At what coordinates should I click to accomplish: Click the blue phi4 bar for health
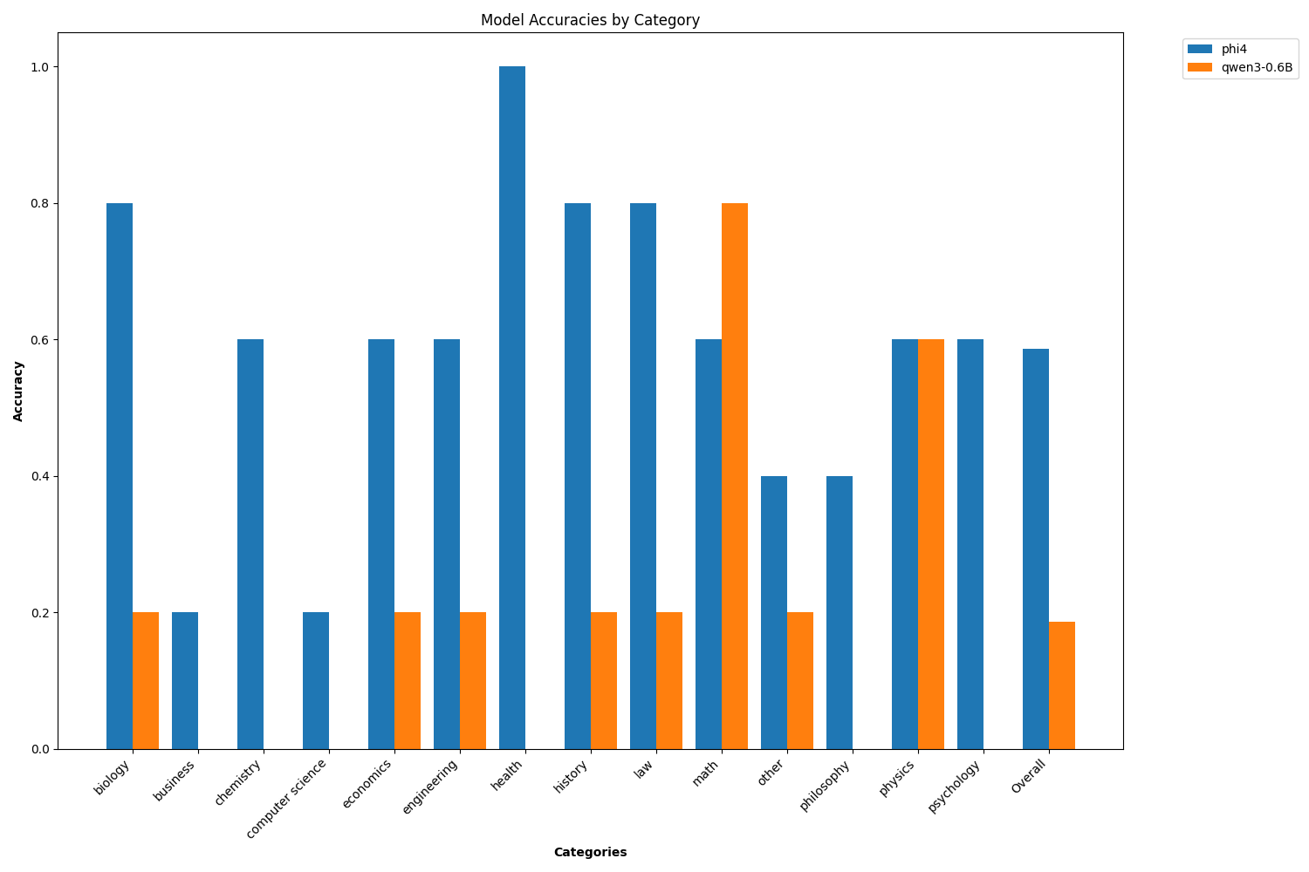pos(512,407)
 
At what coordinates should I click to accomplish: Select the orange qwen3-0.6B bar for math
pos(735,475)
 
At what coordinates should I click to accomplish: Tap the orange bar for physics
pos(931,543)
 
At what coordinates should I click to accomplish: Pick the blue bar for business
pos(185,680)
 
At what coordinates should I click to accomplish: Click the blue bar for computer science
pos(316,680)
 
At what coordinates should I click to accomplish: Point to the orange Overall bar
pos(1062,685)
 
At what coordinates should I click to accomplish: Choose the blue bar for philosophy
pos(840,612)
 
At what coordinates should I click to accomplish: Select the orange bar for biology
pos(146,680)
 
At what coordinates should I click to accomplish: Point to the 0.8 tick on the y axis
pos(42,203)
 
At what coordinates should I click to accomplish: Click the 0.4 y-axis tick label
pos(42,476)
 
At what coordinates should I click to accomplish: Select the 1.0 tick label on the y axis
pos(42,67)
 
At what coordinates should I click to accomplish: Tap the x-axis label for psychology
pos(956,786)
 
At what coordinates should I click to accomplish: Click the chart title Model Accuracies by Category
pos(590,20)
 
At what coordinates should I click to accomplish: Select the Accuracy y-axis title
pos(18,391)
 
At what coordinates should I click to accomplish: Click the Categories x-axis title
pos(590,852)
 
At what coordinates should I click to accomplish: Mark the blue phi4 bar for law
pos(643,475)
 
